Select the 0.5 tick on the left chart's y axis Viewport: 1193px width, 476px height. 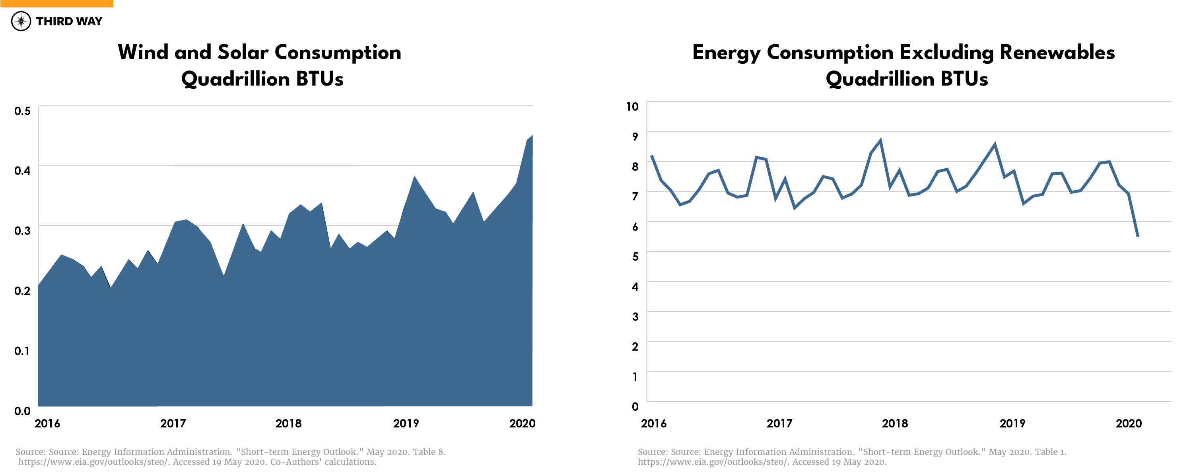pos(22,111)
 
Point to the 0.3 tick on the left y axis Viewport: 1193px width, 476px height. pos(22,231)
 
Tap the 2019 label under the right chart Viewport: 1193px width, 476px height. pos(1012,423)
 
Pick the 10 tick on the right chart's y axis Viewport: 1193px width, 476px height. pos(632,107)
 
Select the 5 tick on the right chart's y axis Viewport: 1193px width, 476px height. pos(635,257)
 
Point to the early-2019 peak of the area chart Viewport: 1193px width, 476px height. pos(414,178)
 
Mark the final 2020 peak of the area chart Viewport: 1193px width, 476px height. pos(532,136)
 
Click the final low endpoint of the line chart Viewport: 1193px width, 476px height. pos(1137,236)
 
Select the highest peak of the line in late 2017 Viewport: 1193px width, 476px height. pos(880,140)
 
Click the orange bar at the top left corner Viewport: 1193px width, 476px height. pos(56,3)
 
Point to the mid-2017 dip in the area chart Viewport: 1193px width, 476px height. pos(223,275)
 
